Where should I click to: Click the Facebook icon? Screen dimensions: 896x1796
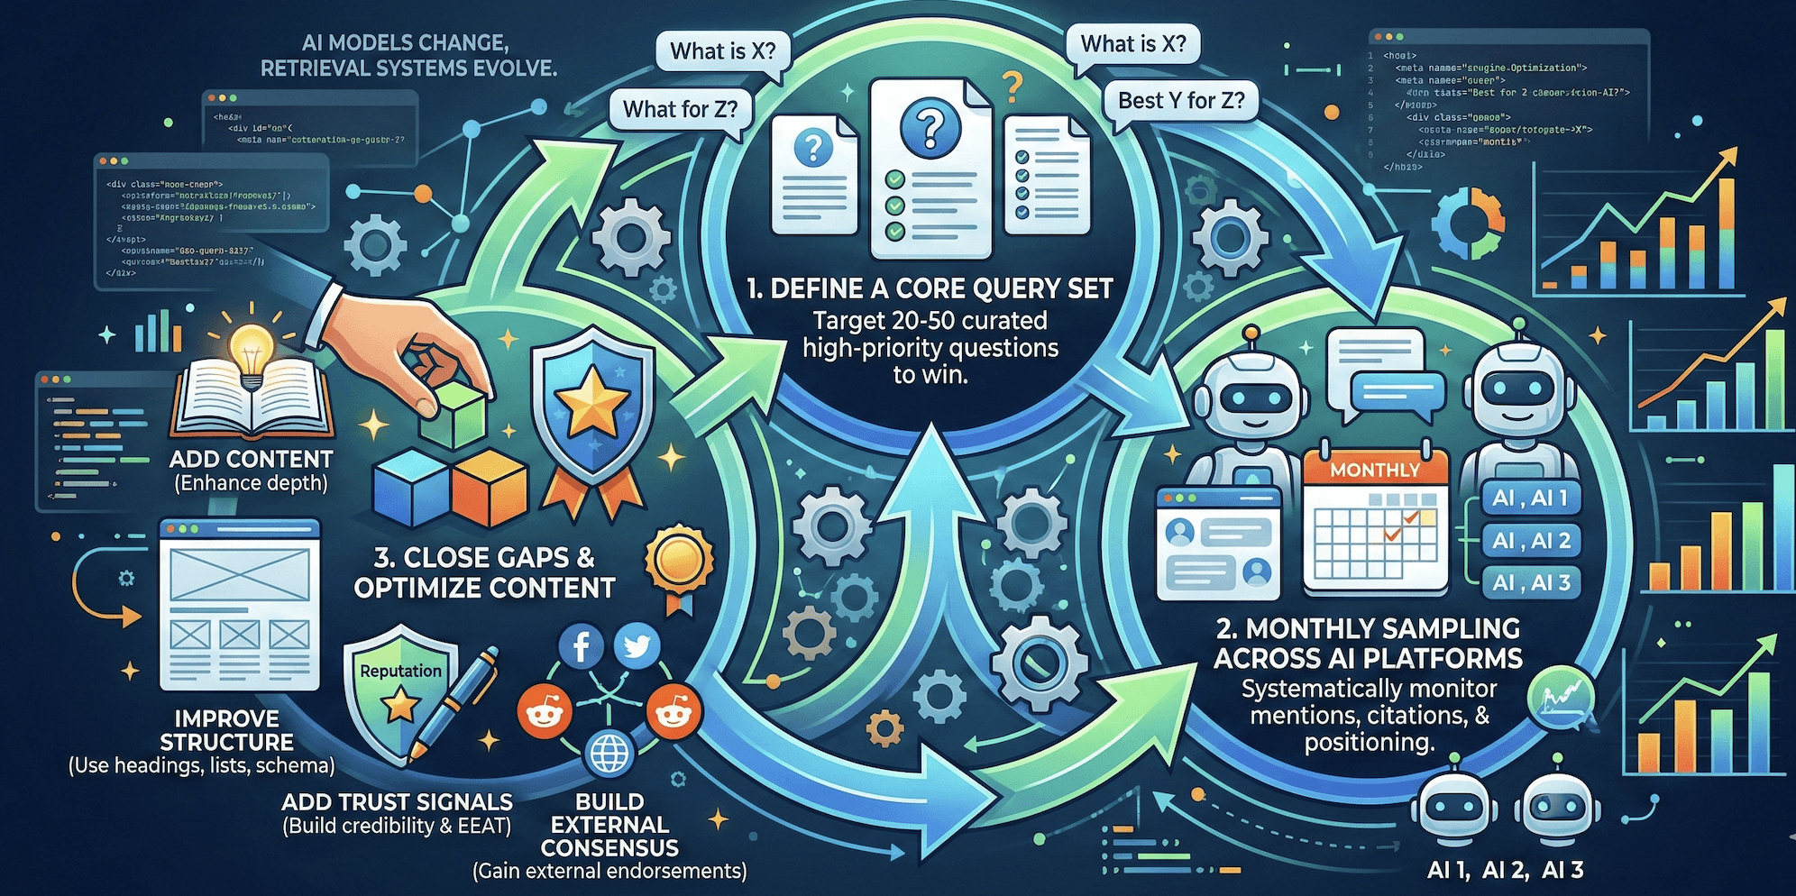coord(582,646)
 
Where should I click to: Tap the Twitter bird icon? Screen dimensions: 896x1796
coord(637,646)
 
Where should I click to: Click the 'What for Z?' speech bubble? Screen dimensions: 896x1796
coord(680,110)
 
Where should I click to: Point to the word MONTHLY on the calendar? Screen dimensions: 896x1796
coord(1374,470)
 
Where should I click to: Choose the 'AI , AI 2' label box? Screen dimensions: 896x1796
coord(1531,541)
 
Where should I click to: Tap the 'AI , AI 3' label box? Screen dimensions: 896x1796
coord(1531,583)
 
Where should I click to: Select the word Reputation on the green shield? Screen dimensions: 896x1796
coord(400,671)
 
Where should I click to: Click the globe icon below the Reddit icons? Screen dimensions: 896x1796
coord(609,753)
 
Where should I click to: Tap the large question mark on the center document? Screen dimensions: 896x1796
coord(930,127)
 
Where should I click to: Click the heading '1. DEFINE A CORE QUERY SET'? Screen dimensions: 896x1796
coord(930,288)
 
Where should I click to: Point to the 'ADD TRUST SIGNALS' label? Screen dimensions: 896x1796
coord(397,801)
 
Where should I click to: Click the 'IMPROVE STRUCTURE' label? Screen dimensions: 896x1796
coord(226,730)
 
